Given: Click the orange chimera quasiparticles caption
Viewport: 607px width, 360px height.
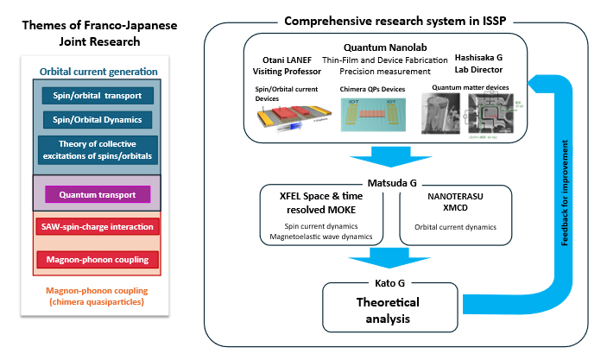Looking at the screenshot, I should [97, 296].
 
